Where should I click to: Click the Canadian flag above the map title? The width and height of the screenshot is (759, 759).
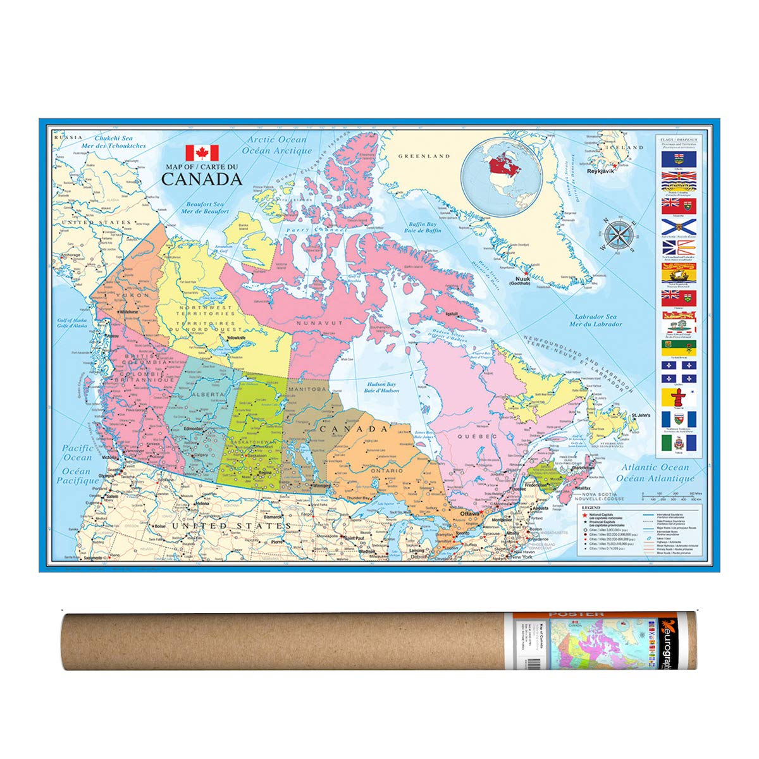coord(202,152)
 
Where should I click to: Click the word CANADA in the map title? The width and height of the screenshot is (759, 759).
coord(202,179)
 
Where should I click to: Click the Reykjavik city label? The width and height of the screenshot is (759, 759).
coord(601,171)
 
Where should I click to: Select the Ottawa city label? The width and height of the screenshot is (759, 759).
coord(471,514)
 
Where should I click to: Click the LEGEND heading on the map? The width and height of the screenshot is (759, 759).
coord(591,508)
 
